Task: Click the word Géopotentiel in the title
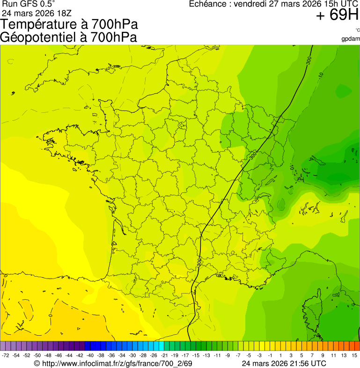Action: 38,37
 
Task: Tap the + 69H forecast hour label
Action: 337,15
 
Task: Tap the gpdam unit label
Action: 351,38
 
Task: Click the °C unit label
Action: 357,30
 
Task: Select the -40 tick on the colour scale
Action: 90,356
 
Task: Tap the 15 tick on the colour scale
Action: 354,356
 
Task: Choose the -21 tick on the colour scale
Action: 164,356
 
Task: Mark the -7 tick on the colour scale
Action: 238,356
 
